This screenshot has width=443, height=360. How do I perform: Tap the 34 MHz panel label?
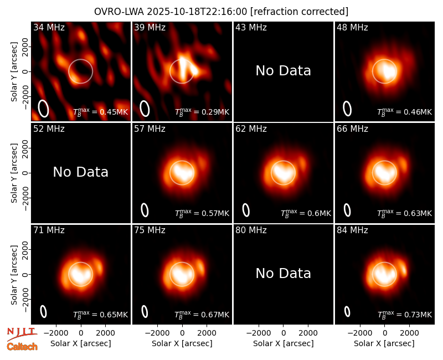point(49,27)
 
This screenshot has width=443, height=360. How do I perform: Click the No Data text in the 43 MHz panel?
point(284,71)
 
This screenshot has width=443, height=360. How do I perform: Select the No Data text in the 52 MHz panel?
point(81,172)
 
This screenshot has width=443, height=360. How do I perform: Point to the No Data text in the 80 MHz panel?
point(284,274)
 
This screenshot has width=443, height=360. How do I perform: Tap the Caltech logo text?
point(22,347)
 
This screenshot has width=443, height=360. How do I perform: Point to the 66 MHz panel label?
point(352,129)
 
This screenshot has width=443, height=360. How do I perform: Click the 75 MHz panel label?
point(150,230)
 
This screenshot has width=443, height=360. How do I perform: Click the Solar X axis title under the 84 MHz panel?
point(384,343)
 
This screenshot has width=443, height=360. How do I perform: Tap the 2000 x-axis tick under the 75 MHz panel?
point(207,333)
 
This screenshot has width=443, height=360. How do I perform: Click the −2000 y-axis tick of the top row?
point(25,96)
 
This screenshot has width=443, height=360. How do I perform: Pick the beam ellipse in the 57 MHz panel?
point(145,210)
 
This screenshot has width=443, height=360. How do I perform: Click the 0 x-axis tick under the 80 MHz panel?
point(284,333)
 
